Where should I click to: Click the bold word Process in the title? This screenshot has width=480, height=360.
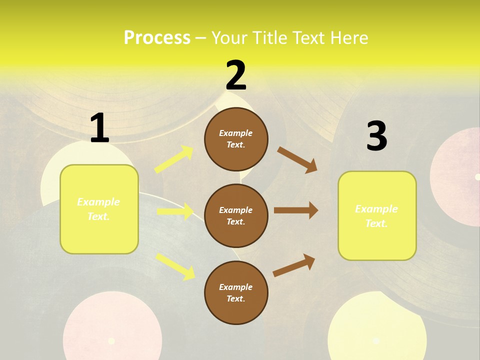[x=157, y=38]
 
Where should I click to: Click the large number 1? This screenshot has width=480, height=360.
[x=99, y=128]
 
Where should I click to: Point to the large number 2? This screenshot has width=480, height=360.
[x=236, y=75]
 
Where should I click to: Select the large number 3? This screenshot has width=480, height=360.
[x=376, y=136]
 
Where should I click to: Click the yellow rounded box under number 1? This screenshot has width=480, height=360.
[x=99, y=209]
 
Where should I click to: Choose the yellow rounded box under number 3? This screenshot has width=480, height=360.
[x=377, y=216]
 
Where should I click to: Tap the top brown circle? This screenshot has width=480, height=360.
[x=236, y=138]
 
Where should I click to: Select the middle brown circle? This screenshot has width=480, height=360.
[x=236, y=215]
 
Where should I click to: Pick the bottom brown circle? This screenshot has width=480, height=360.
[x=236, y=292]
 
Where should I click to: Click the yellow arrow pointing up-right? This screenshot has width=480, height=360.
[x=174, y=159]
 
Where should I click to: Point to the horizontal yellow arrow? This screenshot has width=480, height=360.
[x=175, y=211]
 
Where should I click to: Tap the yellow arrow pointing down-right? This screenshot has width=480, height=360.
[x=175, y=266]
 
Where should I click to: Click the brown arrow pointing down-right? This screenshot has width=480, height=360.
[x=297, y=160]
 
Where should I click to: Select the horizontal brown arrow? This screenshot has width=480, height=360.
[x=296, y=210]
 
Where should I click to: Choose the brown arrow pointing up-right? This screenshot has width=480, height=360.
[x=294, y=265]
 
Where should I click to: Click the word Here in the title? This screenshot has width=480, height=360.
[x=349, y=38]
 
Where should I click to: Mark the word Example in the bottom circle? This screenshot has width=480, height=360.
[x=236, y=287]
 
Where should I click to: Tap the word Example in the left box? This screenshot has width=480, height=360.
[x=98, y=202]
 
